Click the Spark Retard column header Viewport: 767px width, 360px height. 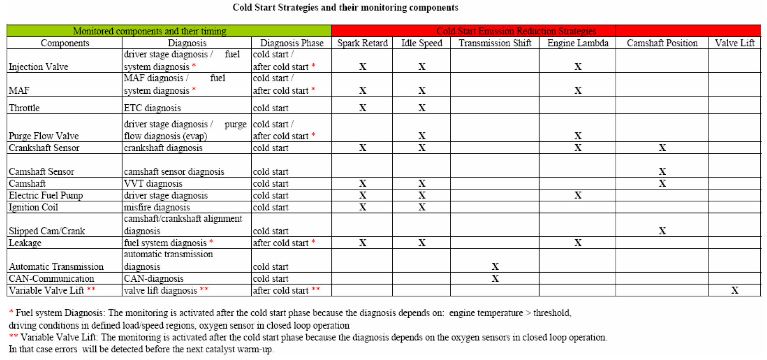(x=362, y=43)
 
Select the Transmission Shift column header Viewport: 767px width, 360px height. (x=495, y=43)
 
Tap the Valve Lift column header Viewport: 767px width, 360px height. (x=734, y=43)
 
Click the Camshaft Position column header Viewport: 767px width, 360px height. (x=662, y=43)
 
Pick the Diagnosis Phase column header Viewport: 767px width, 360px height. (x=292, y=43)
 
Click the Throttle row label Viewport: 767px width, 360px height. (x=24, y=108)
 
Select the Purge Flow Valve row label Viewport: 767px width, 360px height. (x=44, y=136)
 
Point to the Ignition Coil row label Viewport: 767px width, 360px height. (x=34, y=207)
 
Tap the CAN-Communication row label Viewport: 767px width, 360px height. (x=52, y=279)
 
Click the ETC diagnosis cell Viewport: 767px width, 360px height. (x=152, y=108)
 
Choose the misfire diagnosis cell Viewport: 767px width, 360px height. (x=157, y=207)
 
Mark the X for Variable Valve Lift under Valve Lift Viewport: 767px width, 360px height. (x=734, y=291)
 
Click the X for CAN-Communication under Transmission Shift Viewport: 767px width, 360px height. (x=495, y=279)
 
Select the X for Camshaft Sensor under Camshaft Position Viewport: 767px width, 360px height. (x=662, y=172)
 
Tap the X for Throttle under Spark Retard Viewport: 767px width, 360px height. (x=363, y=108)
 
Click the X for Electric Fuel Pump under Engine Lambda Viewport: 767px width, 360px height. (x=578, y=196)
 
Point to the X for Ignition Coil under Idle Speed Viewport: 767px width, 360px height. (x=422, y=208)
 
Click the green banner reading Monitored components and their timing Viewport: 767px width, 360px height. (x=150, y=31)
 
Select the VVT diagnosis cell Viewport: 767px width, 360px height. (x=153, y=184)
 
